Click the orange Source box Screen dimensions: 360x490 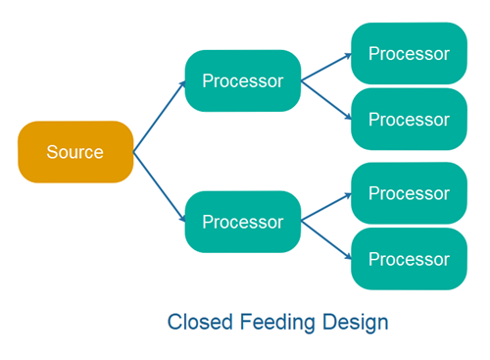75,152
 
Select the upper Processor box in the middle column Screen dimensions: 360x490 242,80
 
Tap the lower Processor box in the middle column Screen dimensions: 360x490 242,222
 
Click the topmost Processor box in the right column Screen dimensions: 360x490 409,53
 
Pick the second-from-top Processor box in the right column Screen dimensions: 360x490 409,119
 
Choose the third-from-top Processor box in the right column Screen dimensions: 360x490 409,193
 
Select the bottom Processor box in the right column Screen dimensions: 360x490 409,259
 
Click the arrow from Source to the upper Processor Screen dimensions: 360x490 159,116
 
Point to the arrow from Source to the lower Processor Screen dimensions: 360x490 159,186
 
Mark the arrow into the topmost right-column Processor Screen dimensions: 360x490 325,67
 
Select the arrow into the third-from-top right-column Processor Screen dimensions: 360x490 325,207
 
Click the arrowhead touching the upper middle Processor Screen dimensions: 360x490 182,83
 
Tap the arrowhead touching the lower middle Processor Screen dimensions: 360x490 182,219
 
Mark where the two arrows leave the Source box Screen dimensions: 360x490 134,152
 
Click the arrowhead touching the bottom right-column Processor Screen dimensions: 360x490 348,256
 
